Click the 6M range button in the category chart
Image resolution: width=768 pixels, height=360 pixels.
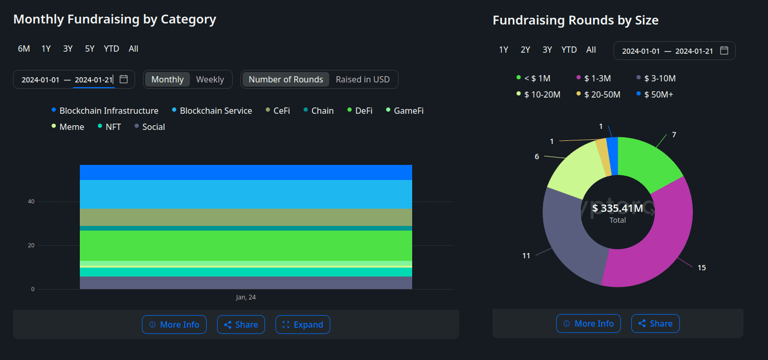pyautogui.click(x=24, y=49)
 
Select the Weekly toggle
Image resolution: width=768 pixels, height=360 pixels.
pyautogui.click(x=210, y=79)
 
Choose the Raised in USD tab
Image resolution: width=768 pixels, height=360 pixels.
pyautogui.click(x=363, y=79)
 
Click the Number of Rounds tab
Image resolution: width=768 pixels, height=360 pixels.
pyautogui.click(x=286, y=79)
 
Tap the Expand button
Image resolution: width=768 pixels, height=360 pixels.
pyautogui.click(x=303, y=325)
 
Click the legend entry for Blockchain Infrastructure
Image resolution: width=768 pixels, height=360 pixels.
pyautogui.click(x=109, y=111)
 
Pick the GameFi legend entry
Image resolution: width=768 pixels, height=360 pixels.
pyautogui.click(x=409, y=111)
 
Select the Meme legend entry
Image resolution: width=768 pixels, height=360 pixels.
pyautogui.click(x=71, y=127)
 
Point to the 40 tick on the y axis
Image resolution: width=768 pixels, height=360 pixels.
pyautogui.click(x=32, y=201)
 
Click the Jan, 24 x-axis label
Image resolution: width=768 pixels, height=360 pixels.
pyautogui.click(x=246, y=297)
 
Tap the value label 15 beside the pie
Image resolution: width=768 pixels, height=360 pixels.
pyautogui.click(x=702, y=268)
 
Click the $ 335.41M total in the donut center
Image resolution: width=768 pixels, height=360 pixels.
pyautogui.click(x=618, y=209)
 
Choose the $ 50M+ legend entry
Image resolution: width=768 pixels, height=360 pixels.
pyautogui.click(x=659, y=94)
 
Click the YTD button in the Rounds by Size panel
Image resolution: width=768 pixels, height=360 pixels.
pyautogui.click(x=569, y=50)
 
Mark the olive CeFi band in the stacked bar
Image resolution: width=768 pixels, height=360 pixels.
pyautogui.click(x=246, y=217)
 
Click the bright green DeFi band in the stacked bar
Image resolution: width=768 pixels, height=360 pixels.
pyautogui.click(x=246, y=245)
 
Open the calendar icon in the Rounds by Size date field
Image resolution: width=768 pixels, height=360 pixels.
pyautogui.click(x=724, y=51)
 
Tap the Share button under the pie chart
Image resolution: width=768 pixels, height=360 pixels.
pyautogui.click(x=655, y=323)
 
